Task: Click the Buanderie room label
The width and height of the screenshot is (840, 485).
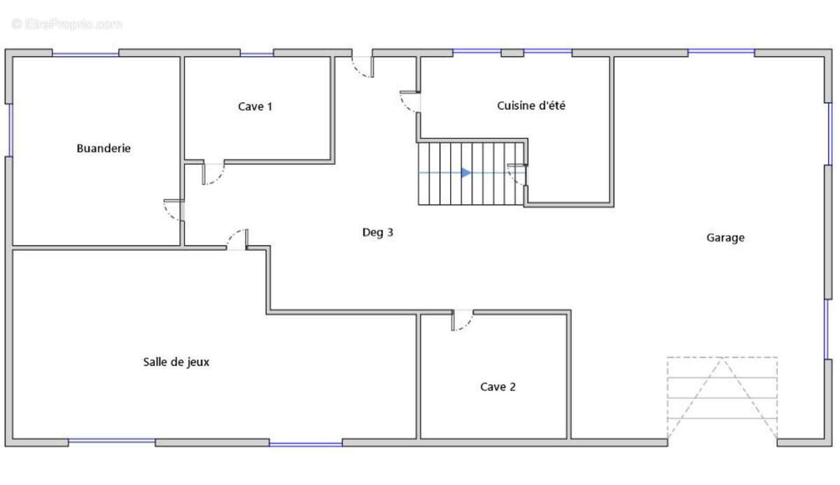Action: point(104,148)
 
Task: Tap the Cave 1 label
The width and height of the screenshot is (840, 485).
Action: point(255,107)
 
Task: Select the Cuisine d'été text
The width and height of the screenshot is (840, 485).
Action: point(531,106)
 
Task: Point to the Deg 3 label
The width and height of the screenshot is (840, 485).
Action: point(377,232)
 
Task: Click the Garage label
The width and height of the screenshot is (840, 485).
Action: point(725,238)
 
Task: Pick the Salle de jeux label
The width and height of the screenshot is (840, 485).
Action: point(176,362)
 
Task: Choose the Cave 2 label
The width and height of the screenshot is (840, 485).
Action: point(498,387)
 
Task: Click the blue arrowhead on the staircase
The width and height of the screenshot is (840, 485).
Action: point(466,173)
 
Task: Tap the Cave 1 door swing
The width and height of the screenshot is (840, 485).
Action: point(213,173)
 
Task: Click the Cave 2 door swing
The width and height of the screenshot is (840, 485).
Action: point(463,321)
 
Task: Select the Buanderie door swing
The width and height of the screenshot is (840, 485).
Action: point(174,210)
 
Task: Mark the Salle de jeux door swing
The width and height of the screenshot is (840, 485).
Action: point(237,239)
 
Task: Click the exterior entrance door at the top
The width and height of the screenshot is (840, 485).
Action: point(363,67)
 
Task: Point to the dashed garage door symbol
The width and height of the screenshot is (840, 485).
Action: point(722,398)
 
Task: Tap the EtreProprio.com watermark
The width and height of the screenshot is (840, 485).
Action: point(66,24)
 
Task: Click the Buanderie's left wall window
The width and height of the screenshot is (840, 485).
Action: point(10,130)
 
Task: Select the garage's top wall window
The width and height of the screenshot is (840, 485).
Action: point(721,51)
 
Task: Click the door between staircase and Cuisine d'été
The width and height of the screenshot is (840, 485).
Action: point(517,174)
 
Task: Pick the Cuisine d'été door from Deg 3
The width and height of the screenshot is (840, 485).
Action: point(410,101)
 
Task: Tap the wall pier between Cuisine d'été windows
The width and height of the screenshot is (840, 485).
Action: point(512,53)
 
